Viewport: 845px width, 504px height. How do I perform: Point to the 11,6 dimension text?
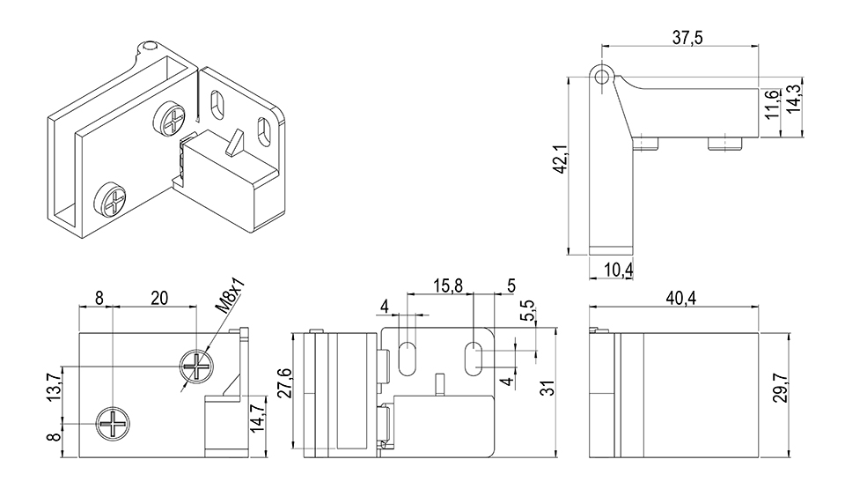pos(772,104)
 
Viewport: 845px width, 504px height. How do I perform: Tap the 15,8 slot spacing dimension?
pos(448,285)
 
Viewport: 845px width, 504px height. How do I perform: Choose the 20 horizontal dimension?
pos(158,298)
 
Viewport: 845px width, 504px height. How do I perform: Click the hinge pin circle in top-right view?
pos(601,77)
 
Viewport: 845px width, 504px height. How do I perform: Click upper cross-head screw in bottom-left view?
pos(196,364)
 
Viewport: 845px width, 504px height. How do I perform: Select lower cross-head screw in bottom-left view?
pos(115,425)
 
